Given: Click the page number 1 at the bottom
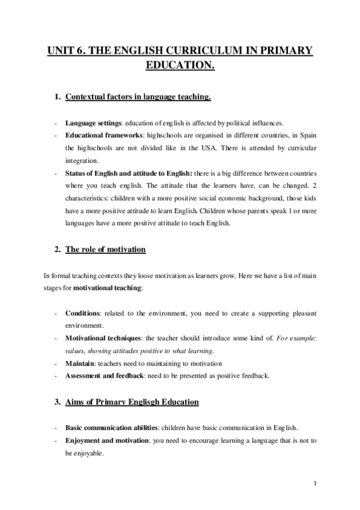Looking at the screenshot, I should [x=315, y=483].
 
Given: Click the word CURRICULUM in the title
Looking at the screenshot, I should [x=203, y=51].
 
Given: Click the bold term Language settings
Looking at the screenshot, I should [x=90, y=122].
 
